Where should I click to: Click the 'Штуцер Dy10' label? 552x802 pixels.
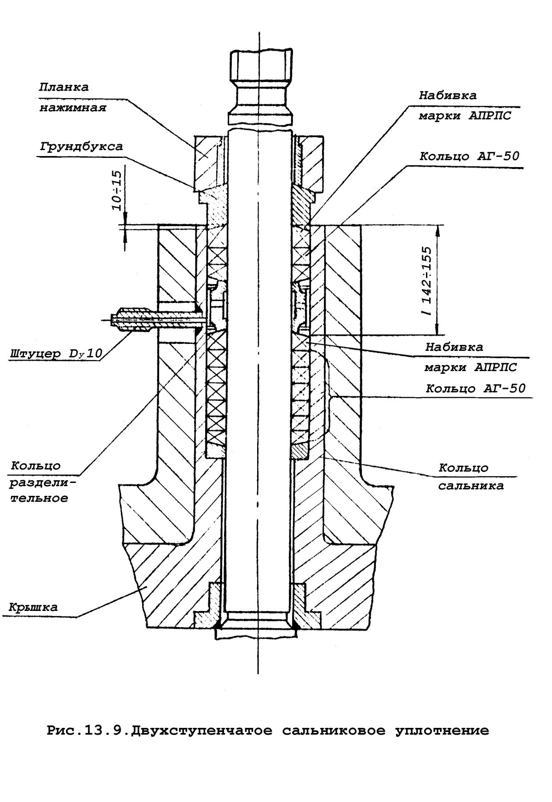[x=56, y=354]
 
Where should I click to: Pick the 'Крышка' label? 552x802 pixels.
[x=33, y=607]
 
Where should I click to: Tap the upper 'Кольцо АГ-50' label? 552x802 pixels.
[x=469, y=156]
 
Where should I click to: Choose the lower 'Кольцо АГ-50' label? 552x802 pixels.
[x=476, y=388]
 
